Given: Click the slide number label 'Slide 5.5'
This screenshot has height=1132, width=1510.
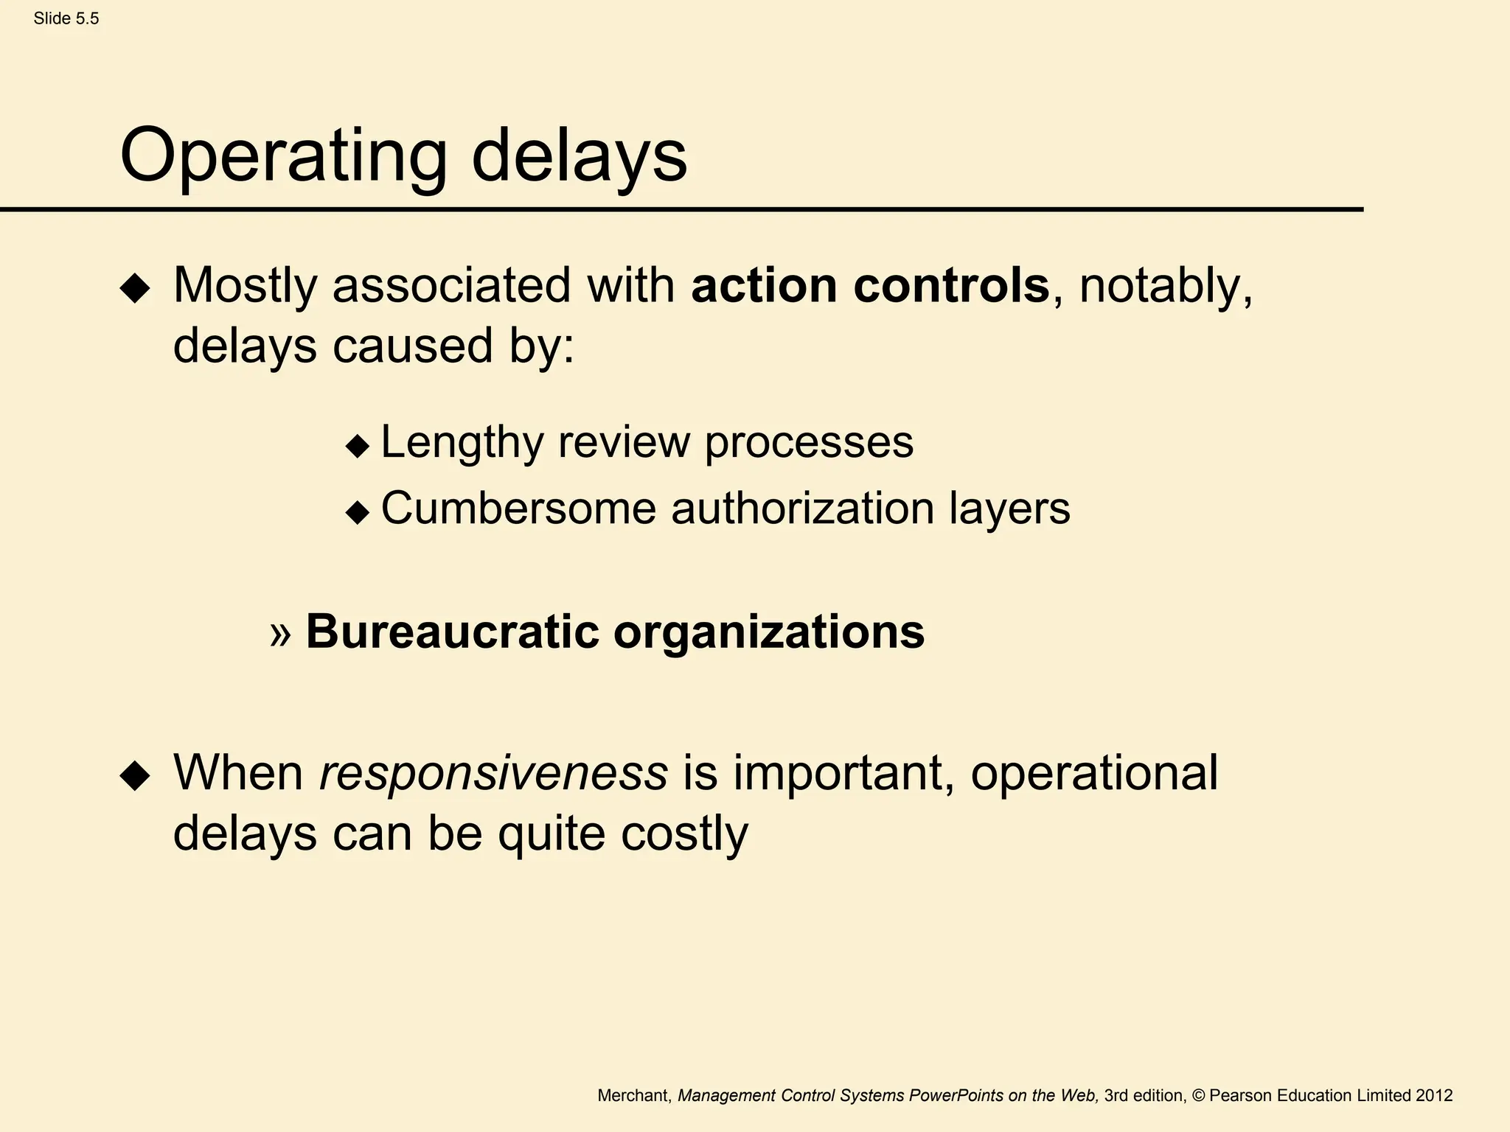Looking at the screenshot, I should (66, 19).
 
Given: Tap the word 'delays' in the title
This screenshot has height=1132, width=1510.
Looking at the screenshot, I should (579, 156).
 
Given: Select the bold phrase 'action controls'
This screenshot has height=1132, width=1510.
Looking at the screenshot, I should (870, 286).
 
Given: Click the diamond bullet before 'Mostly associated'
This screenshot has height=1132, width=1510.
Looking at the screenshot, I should (135, 288).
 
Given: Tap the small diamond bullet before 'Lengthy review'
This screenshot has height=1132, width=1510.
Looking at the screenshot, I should (358, 446).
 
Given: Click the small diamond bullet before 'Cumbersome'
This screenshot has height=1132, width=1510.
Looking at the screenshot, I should (358, 512).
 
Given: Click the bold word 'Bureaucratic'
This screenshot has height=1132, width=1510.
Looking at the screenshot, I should (452, 632).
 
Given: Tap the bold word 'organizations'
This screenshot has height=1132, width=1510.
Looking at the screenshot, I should (769, 632).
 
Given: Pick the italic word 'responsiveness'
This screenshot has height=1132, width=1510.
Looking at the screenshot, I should (493, 774).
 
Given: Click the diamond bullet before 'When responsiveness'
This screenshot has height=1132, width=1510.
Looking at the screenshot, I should (135, 776).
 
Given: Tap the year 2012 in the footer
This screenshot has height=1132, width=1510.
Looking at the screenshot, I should (1434, 1096).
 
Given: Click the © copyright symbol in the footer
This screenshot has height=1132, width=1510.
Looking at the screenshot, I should (1197, 1096).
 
